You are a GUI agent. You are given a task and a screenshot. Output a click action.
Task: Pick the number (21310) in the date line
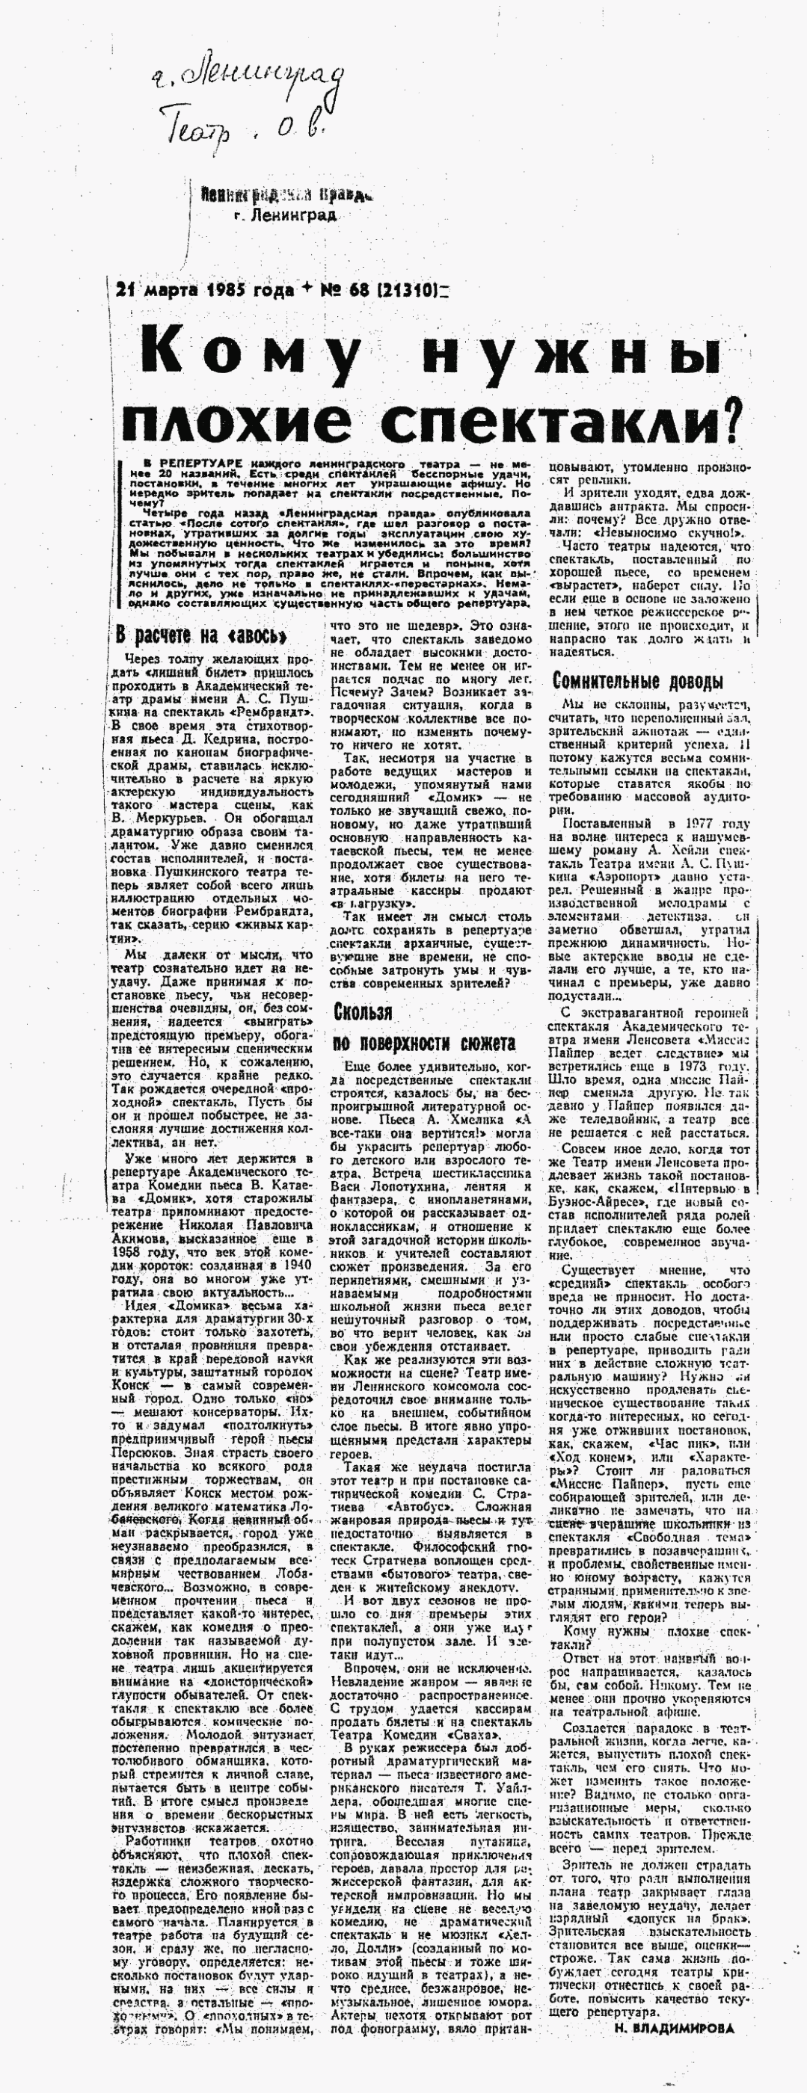tap(411, 289)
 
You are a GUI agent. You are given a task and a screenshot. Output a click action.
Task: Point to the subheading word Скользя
tap(363, 1011)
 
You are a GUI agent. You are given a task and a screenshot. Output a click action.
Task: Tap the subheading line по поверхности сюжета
tap(424, 1044)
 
